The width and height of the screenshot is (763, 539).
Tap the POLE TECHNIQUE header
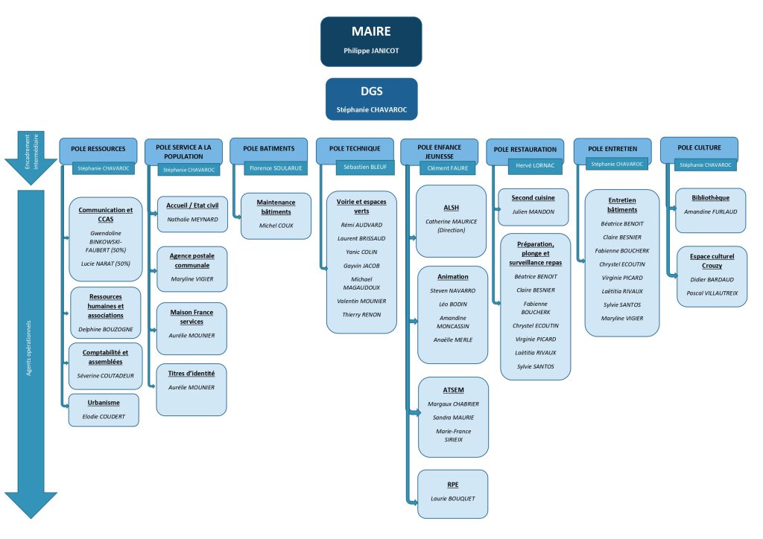[x=353, y=148]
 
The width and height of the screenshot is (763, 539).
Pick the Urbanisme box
[x=104, y=409]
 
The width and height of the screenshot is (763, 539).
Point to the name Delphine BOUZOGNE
[x=105, y=328]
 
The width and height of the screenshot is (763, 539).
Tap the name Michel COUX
[x=276, y=224]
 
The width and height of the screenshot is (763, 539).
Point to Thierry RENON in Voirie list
[x=361, y=314]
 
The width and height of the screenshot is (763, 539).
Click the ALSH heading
[x=452, y=208]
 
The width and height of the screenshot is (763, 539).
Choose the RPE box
[x=452, y=494]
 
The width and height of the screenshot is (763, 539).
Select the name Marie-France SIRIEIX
[x=453, y=436]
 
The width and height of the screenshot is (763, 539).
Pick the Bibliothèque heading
[x=709, y=197]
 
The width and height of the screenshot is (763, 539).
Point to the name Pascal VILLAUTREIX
[x=710, y=293]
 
